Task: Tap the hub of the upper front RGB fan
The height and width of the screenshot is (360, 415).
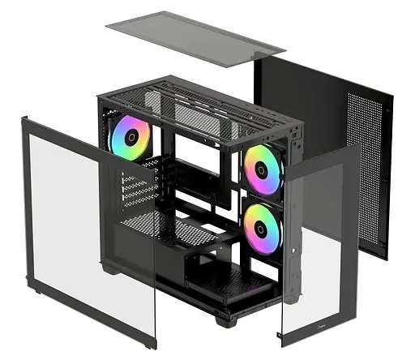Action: pyautogui.click(x=262, y=168)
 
